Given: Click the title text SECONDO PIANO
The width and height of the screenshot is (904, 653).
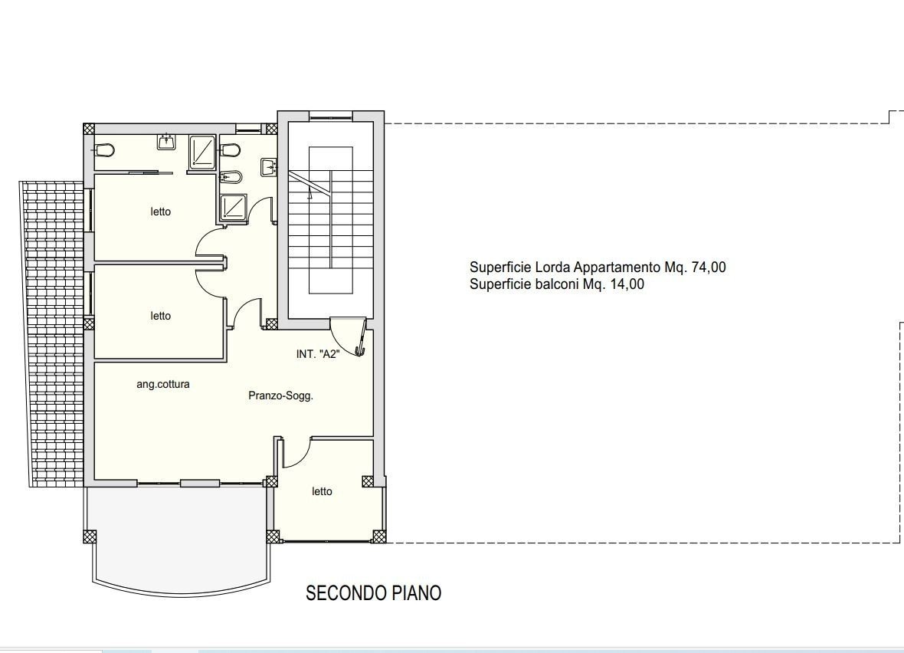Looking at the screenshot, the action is pos(373,593).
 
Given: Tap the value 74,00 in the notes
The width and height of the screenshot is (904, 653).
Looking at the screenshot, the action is pos(709,267).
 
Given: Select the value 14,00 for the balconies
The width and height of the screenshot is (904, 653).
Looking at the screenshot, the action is pos(627,284).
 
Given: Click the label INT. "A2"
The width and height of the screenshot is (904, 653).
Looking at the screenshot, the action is pos(318,354).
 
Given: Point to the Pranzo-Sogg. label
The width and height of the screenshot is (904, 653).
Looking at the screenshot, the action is pos(280,395).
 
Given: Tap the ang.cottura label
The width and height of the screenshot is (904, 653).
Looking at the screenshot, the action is pos(163,384).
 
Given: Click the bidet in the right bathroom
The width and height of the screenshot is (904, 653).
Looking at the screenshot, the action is pos(231,176).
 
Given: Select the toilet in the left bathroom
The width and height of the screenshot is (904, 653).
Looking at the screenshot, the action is pos(104,150).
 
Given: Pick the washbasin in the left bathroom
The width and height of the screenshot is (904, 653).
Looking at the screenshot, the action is pos(166,141).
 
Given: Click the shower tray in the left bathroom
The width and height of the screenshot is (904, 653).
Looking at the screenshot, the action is pos(202,153).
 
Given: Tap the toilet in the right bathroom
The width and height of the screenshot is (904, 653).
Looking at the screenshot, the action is pos(230,150).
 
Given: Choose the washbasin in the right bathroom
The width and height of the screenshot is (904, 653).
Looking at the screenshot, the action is pos(269,167).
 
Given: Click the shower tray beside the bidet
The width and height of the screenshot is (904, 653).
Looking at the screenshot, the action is pos(233,208).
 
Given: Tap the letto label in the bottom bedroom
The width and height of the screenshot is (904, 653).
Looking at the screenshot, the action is pos(322,491).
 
